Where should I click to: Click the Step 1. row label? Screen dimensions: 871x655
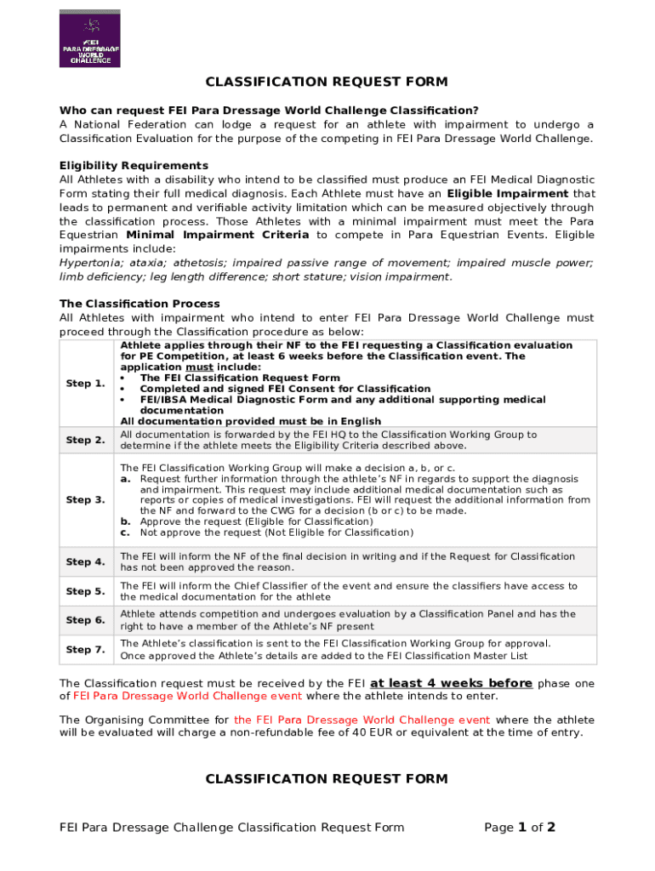coord(85,384)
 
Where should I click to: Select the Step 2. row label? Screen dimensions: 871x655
coord(85,440)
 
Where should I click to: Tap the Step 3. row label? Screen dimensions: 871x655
coord(85,500)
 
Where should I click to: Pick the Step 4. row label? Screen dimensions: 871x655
coord(85,562)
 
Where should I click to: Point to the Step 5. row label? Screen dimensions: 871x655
coord(85,591)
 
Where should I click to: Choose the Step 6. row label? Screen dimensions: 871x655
coord(85,620)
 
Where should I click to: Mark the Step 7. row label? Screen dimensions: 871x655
coord(85,650)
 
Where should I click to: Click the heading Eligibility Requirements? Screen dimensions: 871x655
coord(134,165)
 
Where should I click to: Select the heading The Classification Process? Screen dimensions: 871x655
coord(140,304)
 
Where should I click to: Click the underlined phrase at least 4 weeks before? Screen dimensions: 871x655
coord(451,683)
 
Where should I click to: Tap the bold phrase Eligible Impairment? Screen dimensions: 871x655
coord(507,194)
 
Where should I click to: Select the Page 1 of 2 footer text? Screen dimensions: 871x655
coord(519,828)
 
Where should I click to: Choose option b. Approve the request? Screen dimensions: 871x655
coord(255,521)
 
